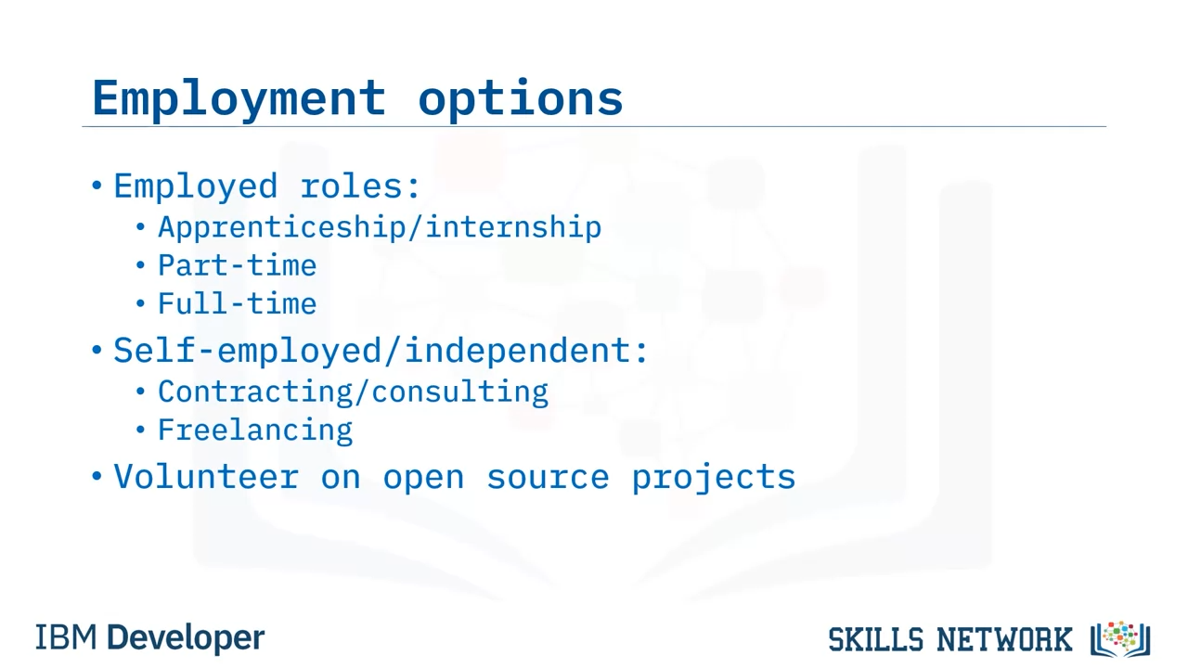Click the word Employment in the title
[x=239, y=99]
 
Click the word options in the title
[x=521, y=99]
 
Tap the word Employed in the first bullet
[x=196, y=187]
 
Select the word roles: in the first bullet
[x=361, y=186]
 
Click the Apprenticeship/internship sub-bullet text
[x=380, y=228]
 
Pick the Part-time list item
[x=237, y=265]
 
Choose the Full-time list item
[x=237, y=303]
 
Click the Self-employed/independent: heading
[x=381, y=351]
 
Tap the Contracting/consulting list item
[x=354, y=392]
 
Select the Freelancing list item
[x=255, y=430]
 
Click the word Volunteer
[x=206, y=477]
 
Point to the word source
[x=548, y=478]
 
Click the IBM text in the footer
[x=66, y=637]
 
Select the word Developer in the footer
[x=186, y=638]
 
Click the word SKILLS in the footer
[x=875, y=639]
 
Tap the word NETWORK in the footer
[x=1004, y=639]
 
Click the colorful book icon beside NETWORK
[x=1120, y=639]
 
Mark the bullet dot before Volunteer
[x=97, y=476]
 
